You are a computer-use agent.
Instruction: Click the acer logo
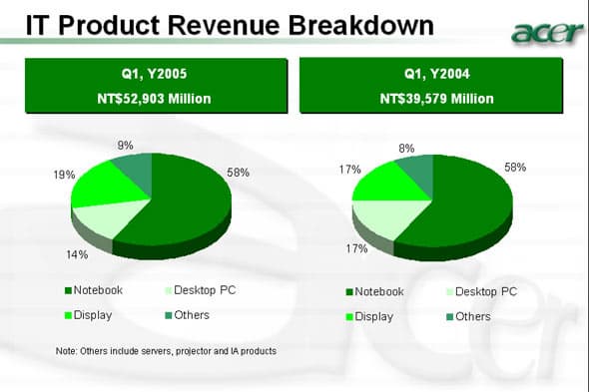[547, 32]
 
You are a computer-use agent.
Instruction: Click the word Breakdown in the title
[361, 26]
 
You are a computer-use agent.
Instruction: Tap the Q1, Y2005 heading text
[154, 74]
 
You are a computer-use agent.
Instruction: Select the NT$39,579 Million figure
[437, 99]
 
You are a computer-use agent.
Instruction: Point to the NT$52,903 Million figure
[154, 99]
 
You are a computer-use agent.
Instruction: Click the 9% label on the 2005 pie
[125, 146]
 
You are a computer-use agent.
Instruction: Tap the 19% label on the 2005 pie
[64, 175]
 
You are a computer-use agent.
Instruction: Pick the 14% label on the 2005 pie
[78, 254]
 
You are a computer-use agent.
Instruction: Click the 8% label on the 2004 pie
[407, 149]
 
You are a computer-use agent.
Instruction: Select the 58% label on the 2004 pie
[515, 168]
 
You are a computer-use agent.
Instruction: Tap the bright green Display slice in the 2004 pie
[387, 184]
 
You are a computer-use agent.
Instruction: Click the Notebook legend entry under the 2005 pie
[94, 290]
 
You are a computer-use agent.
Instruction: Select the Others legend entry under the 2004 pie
[469, 316]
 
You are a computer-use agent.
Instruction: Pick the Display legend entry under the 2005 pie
[89, 315]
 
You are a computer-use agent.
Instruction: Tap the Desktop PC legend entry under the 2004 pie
[482, 291]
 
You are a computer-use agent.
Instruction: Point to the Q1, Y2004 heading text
[437, 74]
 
